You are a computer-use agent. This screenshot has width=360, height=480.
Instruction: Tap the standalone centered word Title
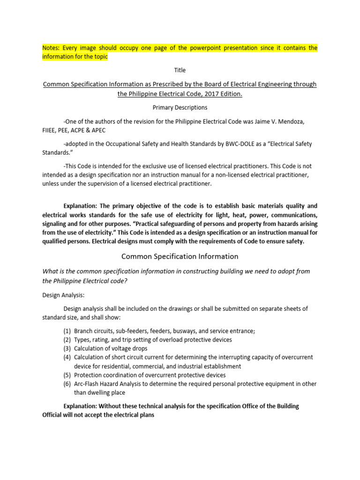(180, 70)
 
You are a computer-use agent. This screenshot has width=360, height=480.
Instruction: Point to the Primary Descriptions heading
(180, 107)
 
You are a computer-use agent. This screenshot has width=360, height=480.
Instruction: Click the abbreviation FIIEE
(51, 130)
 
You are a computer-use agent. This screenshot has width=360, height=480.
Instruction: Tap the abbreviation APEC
(103, 130)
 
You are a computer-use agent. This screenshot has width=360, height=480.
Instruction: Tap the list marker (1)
(67, 330)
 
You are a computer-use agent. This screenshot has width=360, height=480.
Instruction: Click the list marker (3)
(67, 348)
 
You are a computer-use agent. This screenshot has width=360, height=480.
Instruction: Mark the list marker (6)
(67, 384)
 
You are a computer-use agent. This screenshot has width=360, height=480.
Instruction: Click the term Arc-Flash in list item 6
(87, 384)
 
